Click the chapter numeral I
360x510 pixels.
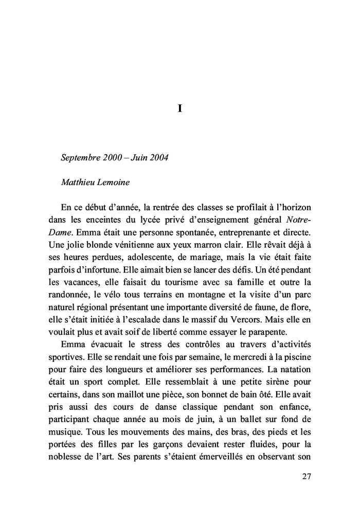pos(179,108)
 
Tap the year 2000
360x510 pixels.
pos(112,157)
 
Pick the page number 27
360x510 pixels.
pos(307,476)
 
